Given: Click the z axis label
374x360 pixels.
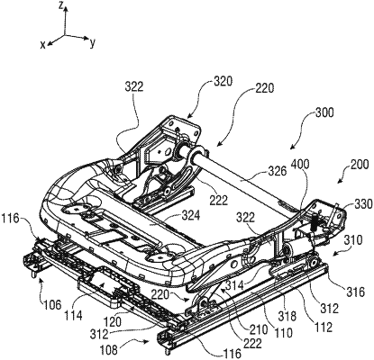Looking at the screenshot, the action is tap(60, 5).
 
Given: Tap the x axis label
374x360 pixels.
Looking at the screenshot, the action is tap(43, 45).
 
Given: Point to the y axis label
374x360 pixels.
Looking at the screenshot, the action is tap(93, 43).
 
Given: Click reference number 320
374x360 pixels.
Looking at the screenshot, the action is tap(223, 82).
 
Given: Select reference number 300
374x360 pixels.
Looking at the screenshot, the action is tap(324, 113).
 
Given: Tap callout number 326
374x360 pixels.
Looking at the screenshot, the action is tap(278, 171).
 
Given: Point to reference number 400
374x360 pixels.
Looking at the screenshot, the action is tap(300, 165).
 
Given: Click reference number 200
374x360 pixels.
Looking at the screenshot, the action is tap(360, 165).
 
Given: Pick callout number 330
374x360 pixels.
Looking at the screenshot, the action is tap(363, 204).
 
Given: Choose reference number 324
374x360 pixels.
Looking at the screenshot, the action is tap(190, 216).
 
